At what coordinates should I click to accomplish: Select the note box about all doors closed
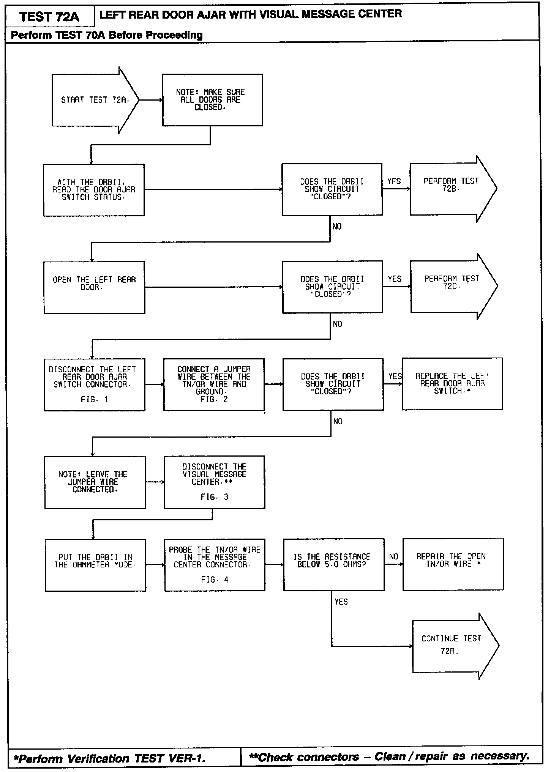click(x=212, y=100)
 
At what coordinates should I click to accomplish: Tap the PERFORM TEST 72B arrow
click(x=450, y=189)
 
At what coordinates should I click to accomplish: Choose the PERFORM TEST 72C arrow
click(x=451, y=286)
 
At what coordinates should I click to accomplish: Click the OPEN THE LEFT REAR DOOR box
click(x=94, y=287)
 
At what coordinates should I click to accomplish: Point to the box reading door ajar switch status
click(x=94, y=190)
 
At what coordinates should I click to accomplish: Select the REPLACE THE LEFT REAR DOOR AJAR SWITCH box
click(x=452, y=384)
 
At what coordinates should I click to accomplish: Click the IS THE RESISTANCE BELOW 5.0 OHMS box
click(x=333, y=564)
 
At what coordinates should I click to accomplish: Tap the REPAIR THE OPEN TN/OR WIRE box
click(x=453, y=564)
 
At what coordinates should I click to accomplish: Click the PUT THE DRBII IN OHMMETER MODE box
click(x=95, y=565)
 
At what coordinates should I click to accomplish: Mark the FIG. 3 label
click(x=215, y=497)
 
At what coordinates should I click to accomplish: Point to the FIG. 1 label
click(x=95, y=400)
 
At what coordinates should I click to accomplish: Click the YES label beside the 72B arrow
click(x=394, y=181)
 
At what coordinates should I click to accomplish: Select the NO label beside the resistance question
click(x=394, y=557)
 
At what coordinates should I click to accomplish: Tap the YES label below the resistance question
click(x=341, y=602)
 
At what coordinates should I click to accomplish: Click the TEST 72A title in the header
click(x=49, y=17)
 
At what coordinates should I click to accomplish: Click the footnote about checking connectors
click(x=389, y=757)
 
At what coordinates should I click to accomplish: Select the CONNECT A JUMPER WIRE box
click(x=214, y=384)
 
